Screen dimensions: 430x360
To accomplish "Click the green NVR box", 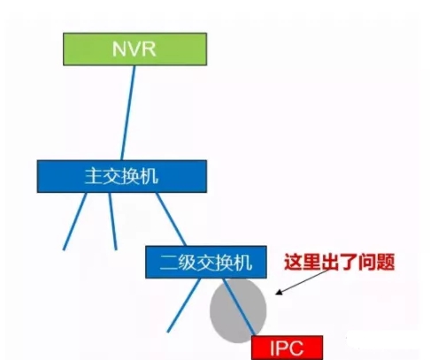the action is click(x=134, y=49).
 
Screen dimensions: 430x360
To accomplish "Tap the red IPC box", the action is click(x=287, y=348).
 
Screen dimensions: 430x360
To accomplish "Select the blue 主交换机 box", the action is click(x=122, y=176).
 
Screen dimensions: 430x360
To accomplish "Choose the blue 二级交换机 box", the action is click(x=206, y=262).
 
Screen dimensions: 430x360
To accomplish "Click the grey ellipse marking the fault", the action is click(x=238, y=310).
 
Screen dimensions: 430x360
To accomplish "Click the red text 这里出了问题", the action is click(x=339, y=262).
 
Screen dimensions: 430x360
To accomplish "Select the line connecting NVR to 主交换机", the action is click(x=128, y=113).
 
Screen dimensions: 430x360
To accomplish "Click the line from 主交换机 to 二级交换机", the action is click(x=171, y=219).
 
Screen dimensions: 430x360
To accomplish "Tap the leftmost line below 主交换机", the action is click(x=75, y=221).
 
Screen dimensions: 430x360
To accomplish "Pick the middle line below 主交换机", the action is click(x=112, y=221).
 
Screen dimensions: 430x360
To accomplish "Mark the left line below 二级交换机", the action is click(x=184, y=305).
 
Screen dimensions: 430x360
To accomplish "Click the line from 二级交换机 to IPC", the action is click(x=239, y=307).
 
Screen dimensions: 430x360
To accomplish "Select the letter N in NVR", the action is click(x=119, y=49).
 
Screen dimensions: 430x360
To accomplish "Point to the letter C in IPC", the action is click(x=295, y=348).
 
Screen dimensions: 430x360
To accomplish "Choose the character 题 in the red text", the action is click(x=386, y=262).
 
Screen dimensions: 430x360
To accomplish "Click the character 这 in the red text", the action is click(x=293, y=262).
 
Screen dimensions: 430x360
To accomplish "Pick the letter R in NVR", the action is click(x=149, y=49).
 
